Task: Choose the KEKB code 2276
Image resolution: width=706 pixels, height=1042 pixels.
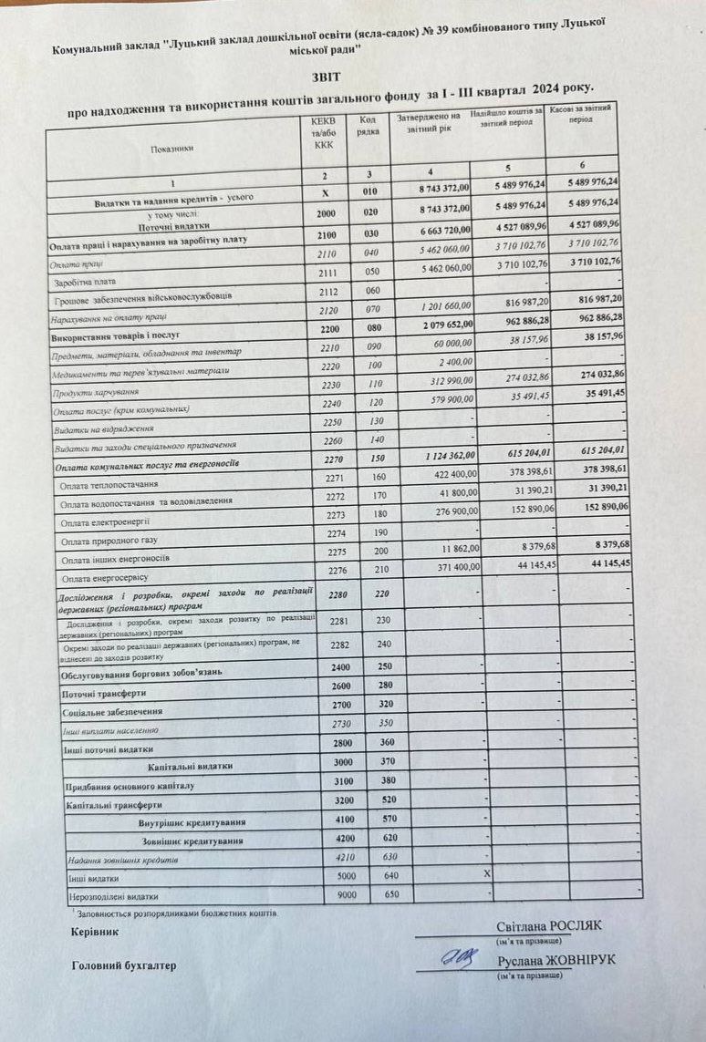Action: [325, 570]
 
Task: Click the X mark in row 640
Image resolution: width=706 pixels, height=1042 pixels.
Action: [486, 872]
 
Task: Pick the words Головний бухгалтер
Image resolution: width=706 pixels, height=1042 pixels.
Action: [123, 965]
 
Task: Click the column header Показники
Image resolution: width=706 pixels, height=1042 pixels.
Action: [173, 146]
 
